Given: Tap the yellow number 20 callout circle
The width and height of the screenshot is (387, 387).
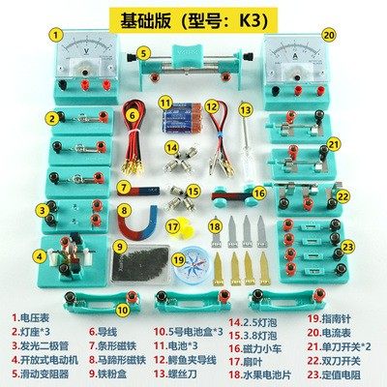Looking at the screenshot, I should [x=329, y=34].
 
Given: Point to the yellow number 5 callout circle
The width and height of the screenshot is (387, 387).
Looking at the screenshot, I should [x=143, y=54].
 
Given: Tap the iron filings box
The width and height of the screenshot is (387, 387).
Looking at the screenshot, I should [x=135, y=261].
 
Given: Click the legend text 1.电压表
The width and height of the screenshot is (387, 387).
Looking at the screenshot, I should [x=39, y=316].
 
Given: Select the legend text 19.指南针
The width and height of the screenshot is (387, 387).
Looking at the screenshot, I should [x=330, y=316].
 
